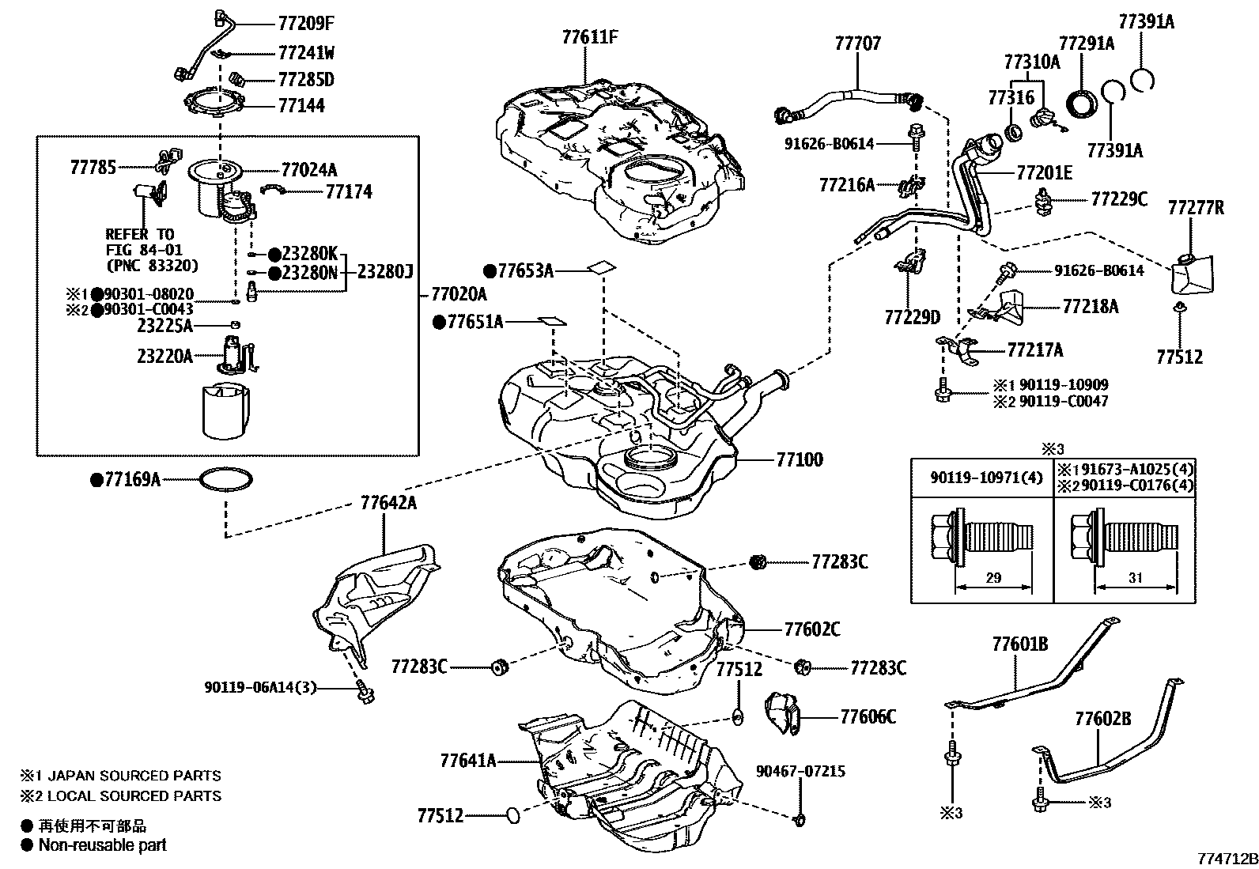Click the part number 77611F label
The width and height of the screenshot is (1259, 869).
click(x=590, y=36)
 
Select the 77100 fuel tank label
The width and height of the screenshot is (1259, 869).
click(x=799, y=459)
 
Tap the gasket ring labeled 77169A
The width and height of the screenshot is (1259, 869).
click(x=226, y=480)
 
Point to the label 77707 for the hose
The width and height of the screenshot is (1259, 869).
click(x=857, y=43)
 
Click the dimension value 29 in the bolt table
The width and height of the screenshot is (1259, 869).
click(x=993, y=577)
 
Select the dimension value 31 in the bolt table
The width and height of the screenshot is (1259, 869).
click(x=1136, y=577)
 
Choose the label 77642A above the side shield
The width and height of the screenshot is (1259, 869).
click(x=388, y=503)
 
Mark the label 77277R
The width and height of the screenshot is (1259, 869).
click(x=1195, y=208)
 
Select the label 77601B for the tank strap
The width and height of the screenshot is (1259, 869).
click(x=1019, y=644)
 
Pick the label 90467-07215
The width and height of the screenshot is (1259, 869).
click(x=800, y=770)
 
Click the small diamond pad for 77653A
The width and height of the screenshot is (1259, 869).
click(x=601, y=267)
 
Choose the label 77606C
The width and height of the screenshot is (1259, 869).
click(x=868, y=717)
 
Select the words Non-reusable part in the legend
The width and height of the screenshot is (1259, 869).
click(x=103, y=845)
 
